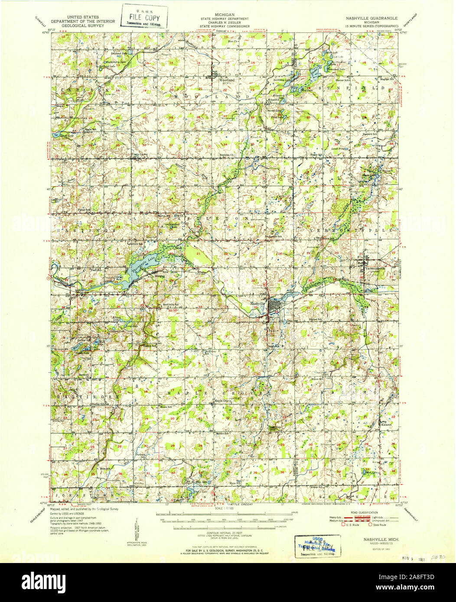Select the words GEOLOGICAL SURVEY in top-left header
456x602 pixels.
[82, 25]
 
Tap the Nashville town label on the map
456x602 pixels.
[257, 304]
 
